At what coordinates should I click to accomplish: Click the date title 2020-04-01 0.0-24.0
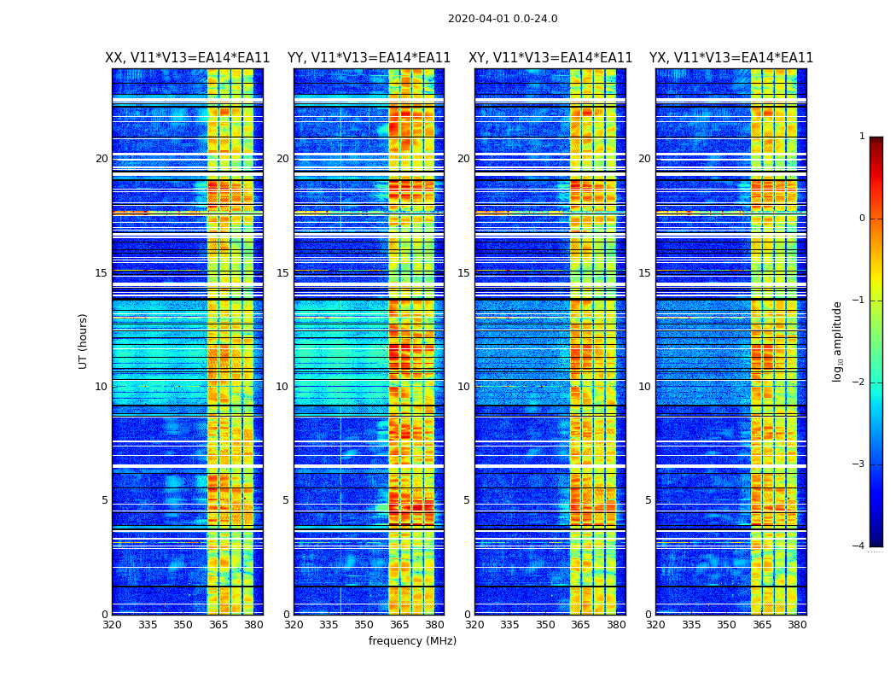[x=503, y=19]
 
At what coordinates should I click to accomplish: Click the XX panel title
[x=188, y=58]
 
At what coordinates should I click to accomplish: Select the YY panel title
[x=369, y=58]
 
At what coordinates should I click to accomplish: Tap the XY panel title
[x=550, y=58]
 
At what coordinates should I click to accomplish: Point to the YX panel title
[x=731, y=58]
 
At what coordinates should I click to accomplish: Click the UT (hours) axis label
[x=84, y=341]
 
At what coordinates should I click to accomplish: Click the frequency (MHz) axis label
[x=412, y=641]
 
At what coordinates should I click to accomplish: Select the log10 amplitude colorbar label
[x=838, y=341]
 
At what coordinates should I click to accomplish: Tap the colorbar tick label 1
[x=862, y=137]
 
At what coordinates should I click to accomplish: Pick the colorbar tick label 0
[x=862, y=219]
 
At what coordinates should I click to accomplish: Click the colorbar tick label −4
[x=859, y=546]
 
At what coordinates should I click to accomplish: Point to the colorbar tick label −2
[x=859, y=382]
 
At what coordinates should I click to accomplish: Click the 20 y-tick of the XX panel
[x=102, y=159]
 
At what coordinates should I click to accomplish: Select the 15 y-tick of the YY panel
[x=282, y=273]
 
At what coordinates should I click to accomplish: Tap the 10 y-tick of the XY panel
[x=463, y=387]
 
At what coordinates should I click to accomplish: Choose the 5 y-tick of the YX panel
[x=648, y=500]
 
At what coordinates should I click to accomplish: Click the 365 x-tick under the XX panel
[x=218, y=625]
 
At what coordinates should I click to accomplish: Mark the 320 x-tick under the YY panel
[x=294, y=625]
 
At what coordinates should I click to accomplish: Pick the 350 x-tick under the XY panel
[x=545, y=625]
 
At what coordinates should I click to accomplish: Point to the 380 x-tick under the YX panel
[x=797, y=625]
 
